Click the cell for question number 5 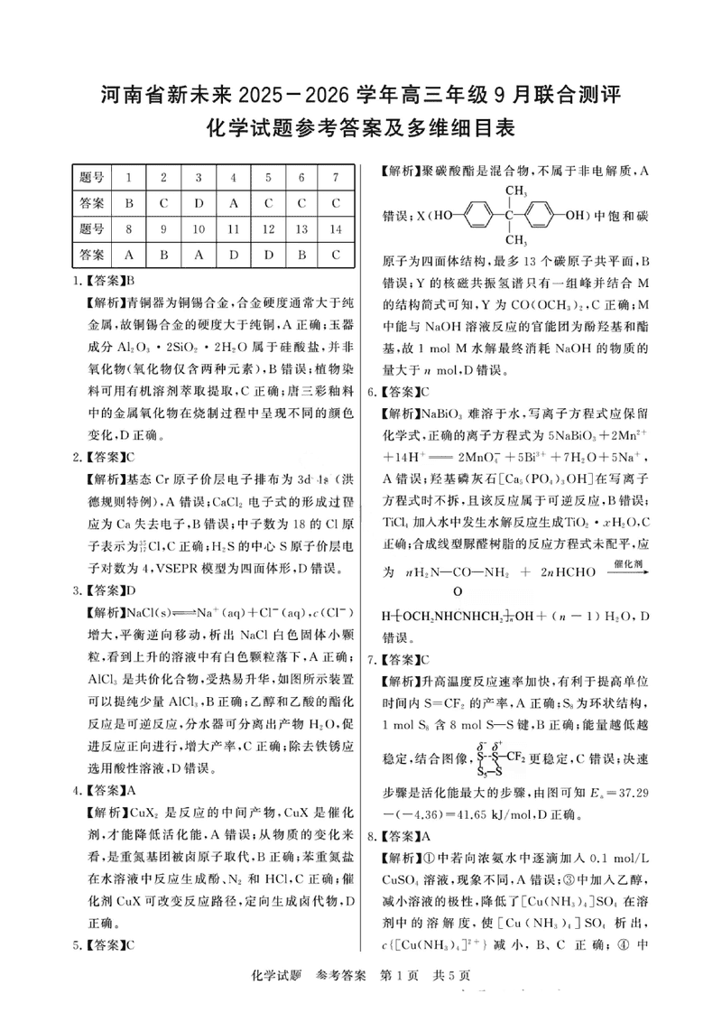[268, 176]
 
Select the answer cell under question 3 [199, 202]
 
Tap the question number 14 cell [335, 228]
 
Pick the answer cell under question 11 [233, 255]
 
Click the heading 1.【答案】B [104, 280]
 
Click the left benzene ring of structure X [476, 217]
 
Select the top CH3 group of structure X [515, 191]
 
